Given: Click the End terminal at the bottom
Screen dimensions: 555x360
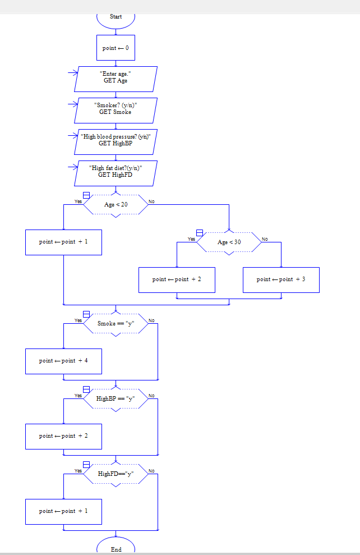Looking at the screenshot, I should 116,547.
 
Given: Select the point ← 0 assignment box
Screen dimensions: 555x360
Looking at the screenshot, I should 116,48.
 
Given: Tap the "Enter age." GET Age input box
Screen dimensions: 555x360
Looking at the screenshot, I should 116,79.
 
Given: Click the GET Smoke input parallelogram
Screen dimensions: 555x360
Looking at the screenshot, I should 116,110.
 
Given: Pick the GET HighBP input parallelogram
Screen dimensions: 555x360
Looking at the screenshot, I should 116,141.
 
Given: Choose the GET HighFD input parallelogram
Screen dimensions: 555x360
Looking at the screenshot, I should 116,173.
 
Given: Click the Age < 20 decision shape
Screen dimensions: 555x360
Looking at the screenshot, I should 116,205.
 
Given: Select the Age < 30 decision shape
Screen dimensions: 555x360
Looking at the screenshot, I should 229,242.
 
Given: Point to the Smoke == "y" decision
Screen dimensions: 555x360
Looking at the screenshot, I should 116,324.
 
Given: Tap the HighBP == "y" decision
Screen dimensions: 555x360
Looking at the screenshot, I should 116,399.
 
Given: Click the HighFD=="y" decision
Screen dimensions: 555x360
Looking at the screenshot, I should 116,474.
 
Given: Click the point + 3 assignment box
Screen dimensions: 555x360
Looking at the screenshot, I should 281,279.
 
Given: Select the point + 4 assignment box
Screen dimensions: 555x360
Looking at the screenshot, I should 63,361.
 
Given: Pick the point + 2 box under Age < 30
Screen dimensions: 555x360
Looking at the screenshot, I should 177,279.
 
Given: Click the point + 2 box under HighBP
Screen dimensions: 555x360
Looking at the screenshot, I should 63,436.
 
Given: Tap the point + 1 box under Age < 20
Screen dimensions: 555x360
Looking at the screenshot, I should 63,242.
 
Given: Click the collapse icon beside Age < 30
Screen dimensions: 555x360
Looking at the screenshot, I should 200,233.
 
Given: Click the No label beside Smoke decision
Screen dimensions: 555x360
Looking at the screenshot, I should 151,320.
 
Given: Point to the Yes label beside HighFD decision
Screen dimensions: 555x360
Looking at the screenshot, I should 79,471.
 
